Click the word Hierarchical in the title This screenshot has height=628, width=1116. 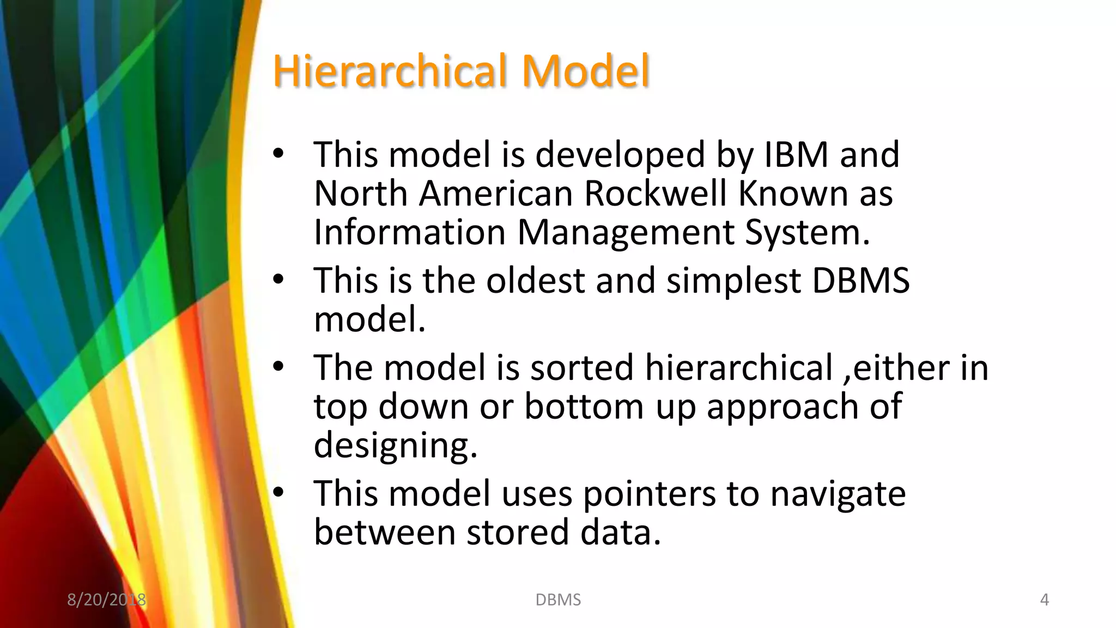click(390, 71)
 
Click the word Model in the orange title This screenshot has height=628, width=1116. click(586, 71)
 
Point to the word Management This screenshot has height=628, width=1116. click(625, 233)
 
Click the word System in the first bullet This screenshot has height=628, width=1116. click(806, 233)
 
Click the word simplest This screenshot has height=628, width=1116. click(733, 281)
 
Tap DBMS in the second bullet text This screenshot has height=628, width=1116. click(860, 281)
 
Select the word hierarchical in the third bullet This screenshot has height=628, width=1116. click(739, 367)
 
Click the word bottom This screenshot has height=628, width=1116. click(584, 407)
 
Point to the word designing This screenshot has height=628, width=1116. click(395, 445)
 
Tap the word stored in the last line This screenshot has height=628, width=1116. click(518, 533)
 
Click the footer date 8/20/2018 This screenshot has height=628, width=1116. click(106, 600)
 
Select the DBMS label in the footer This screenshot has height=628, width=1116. click(558, 600)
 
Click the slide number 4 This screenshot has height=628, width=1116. click(1044, 600)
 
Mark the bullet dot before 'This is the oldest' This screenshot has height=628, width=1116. click(278, 280)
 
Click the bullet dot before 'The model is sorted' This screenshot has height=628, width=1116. click(278, 367)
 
